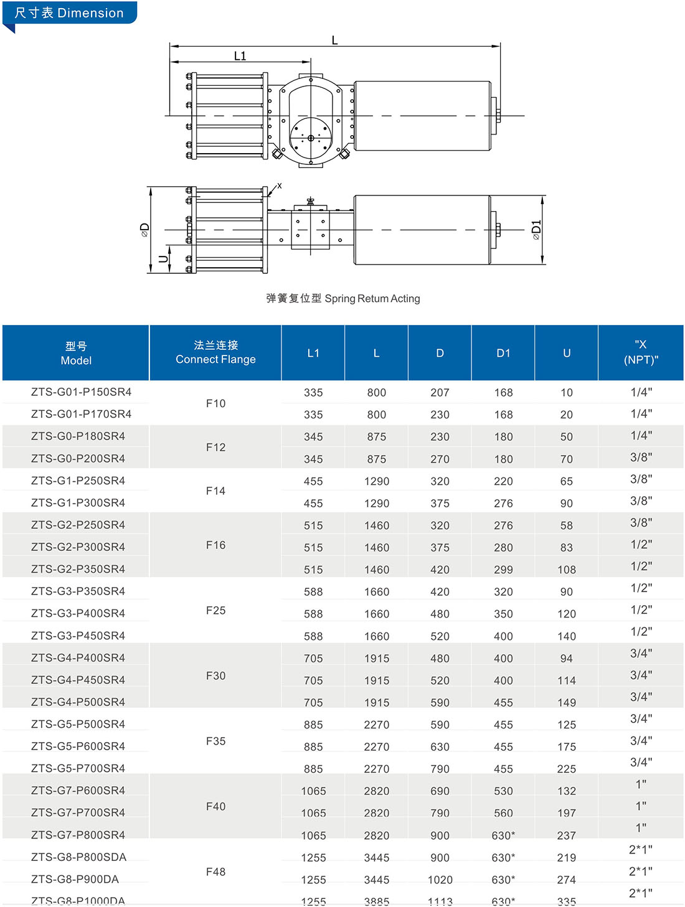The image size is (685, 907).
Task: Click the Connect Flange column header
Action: pyautogui.click(x=215, y=352)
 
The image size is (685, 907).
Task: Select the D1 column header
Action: pyautogui.click(x=503, y=353)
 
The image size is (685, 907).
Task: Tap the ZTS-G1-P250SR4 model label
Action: pyautogui.click(x=78, y=481)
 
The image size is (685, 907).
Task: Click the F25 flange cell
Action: pyautogui.click(x=215, y=610)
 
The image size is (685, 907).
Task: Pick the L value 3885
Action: pyautogui.click(x=377, y=901)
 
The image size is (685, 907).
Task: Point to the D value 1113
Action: pyautogui.click(x=440, y=901)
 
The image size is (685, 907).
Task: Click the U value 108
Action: pyautogui.click(x=567, y=570)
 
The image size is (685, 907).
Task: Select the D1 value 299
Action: pyautogui.click(x=503, y=570)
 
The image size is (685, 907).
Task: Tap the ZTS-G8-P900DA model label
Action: pyautogui.click(x=75, y=879)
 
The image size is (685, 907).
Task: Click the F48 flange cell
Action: pyautogui.click(x=215, y=872)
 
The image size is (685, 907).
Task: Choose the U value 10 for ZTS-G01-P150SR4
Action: pyautogui.click(x=567, y=393)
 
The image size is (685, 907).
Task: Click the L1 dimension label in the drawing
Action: pyautogui.click(x=240, y=56)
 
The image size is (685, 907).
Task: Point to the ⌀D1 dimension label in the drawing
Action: pyautogui.click(x=536, y=230)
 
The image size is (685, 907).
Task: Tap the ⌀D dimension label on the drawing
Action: pyautogui.click(x=144, y=230)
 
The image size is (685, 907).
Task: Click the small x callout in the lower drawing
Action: pyautogui.click(x=280, y=186)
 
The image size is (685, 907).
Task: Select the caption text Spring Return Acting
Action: pyautogui.click(x=372, y=299)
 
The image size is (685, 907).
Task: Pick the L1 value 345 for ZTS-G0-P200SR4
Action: pyautogui.click(x=313, y=459)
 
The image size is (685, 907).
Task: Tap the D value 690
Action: pyautogui.click(x=440, y=791)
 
